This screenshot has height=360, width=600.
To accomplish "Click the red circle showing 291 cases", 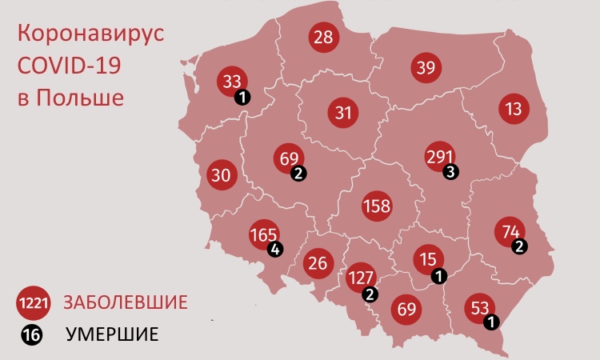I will tap(440, 157).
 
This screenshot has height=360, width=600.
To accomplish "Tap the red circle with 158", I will tap(377, 206).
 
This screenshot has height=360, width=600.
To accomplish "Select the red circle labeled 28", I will tap(324, 38).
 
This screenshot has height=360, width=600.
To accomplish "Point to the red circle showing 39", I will tap(426, 67).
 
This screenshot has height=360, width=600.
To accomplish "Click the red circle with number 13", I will tap(514, 108).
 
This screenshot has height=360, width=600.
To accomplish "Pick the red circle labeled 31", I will tap(344, 113).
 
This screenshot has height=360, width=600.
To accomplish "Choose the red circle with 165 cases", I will tap(264, 235).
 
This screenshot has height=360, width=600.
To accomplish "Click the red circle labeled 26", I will tap(317, 262).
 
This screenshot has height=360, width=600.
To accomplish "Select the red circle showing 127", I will tap(362, 279).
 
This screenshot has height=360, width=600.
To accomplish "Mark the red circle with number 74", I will tap(510, 231).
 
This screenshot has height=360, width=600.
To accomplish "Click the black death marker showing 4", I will tap(276, 248).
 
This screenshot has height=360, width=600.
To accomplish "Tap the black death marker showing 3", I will tap(452, 171).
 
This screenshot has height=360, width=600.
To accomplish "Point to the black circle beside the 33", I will tap(242, 97).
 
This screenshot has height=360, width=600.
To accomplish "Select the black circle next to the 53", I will tap(491, 321).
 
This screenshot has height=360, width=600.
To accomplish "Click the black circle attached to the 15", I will tap(438, 275).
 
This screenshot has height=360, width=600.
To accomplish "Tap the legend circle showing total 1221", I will tap(34, 304).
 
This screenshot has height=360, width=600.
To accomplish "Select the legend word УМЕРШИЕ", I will tap(112, 334).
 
